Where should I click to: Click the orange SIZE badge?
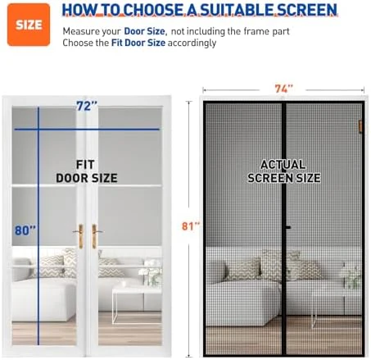29,25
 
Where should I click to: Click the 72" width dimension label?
87,106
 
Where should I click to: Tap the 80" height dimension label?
25,230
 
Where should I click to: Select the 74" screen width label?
283,89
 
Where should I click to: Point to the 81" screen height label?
191,226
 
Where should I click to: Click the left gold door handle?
80,236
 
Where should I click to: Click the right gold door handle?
94,236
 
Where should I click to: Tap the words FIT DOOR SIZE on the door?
87,171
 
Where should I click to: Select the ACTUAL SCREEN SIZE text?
284,171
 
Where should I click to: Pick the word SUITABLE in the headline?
237,10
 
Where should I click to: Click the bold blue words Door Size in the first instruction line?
144,31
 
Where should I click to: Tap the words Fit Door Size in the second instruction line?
138,43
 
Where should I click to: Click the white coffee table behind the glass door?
137,304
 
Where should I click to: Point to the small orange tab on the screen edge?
360,126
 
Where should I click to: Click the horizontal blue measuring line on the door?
87,130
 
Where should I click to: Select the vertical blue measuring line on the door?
38,226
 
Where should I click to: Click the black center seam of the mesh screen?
284,229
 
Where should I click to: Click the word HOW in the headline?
79,10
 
